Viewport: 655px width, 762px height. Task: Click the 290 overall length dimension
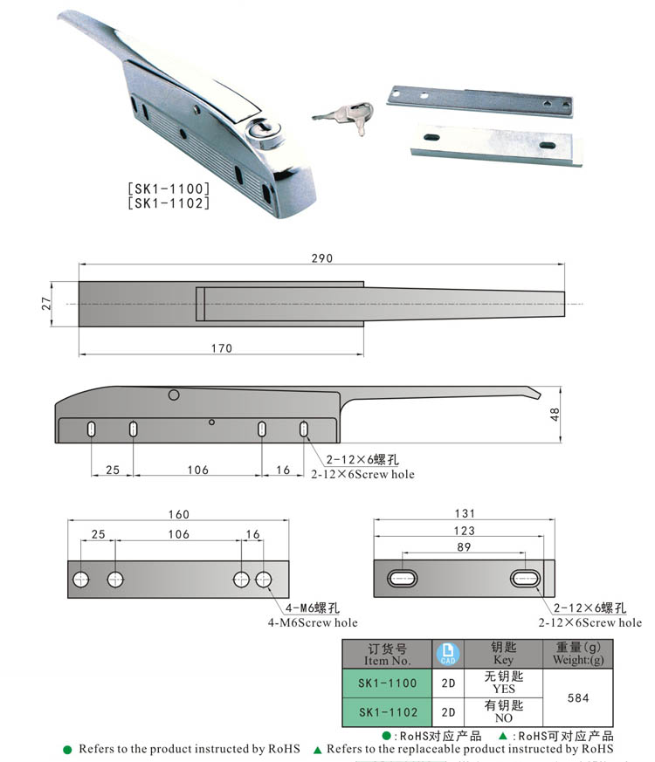321,258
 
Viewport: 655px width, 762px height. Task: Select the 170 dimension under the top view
222,348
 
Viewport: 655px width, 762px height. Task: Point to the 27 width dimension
46,304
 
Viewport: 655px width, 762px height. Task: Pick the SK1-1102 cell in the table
388,712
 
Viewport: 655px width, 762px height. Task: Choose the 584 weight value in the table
578,698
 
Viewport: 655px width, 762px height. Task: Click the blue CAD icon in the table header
446,654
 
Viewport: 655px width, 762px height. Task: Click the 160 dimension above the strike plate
178,515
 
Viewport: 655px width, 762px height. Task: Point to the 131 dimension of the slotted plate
464,515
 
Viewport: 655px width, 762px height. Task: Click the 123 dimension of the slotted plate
464,531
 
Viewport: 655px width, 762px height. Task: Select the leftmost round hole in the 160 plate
81,579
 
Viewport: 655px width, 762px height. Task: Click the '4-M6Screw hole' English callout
313,623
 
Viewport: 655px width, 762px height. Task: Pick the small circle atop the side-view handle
174,395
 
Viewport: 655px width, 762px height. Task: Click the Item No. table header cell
388,654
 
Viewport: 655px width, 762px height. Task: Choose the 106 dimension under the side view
198,470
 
